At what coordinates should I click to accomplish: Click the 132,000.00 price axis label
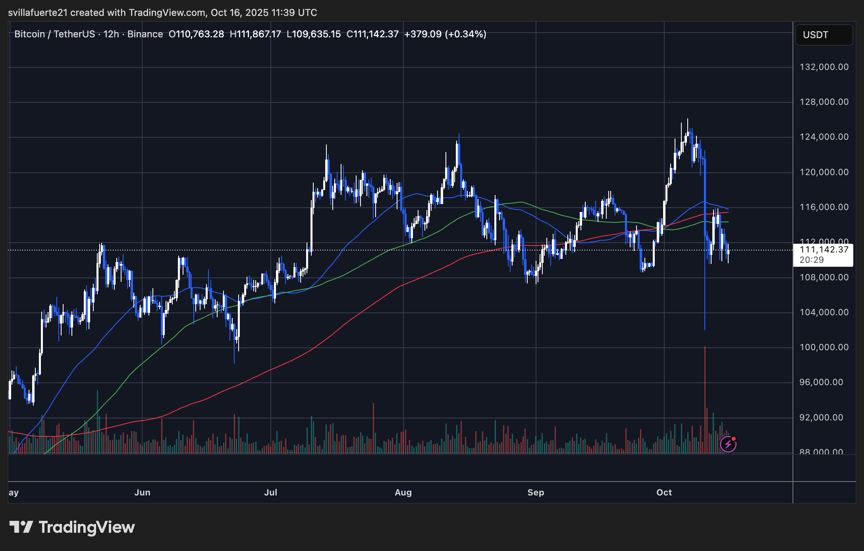(x=824, y=67)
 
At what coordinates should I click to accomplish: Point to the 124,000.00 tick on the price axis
(x=824, y=137)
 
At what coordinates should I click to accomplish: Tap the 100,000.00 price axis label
(x=824, y=347)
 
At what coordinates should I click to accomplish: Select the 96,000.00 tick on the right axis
(x=824, y=382)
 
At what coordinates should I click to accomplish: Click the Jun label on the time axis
(x=142, y=493)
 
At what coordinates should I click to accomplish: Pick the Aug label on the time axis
(x=403, y=493)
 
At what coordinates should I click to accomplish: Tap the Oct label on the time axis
(x=664, y=493)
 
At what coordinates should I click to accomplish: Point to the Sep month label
(x=536, y=493)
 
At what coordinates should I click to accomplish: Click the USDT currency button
(x=823, y=35)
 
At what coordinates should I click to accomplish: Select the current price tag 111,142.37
(x=823, y=250)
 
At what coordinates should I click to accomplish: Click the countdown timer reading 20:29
(x=812, y=260)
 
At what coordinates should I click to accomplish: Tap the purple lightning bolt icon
(x=728, y=444)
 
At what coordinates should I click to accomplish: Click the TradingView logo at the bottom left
(x=72, y=527)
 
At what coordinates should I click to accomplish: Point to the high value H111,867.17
(x=255, y=34)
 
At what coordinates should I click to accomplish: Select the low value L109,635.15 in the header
(x=314, y=34)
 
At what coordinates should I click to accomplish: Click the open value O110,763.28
(x=196, y=34)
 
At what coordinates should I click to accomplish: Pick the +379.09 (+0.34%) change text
(x=445, y=34)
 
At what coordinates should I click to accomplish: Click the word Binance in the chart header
(x=145, y=34)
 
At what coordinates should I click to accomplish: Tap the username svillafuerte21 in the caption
(x=38, y=13)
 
